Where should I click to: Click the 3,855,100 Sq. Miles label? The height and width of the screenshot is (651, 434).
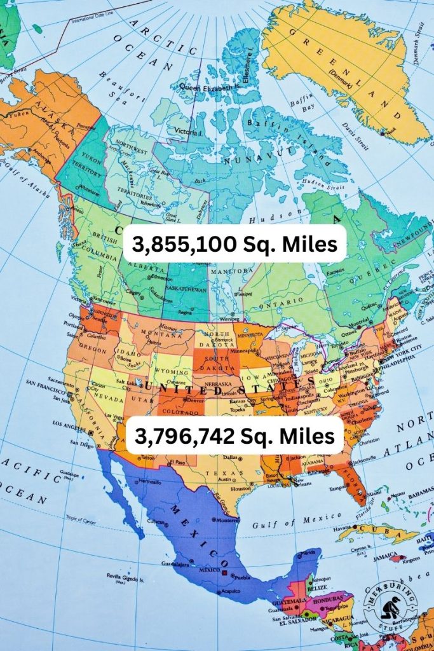point(234,243)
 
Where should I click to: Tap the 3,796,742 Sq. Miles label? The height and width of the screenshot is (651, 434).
point(234,435)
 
